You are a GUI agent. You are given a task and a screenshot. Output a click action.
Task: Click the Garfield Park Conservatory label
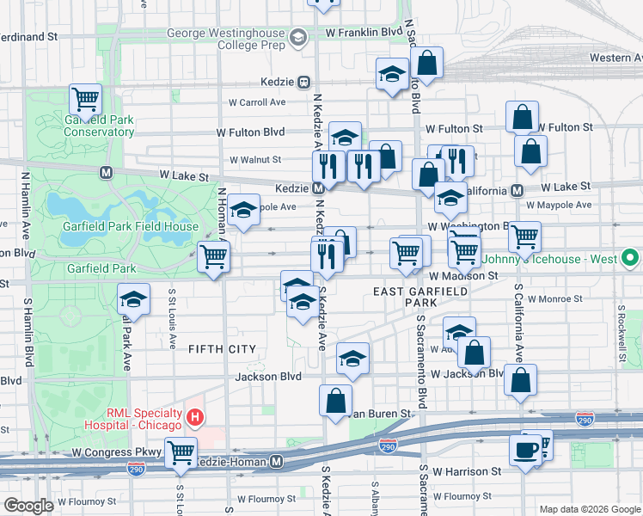(x=99, y=126)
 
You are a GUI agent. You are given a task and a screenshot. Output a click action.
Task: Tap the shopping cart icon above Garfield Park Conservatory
(x=85, y=100)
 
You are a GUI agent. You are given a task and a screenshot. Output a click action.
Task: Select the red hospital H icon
(x=195, y=419)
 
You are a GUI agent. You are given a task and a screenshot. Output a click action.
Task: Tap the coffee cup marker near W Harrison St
(x=525, y=450)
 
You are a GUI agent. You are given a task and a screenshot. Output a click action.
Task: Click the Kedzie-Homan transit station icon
(x=277, y=462)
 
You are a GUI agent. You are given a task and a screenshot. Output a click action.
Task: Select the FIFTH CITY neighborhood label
(x=222, y=348)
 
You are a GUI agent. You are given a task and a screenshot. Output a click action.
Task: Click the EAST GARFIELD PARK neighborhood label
(x=420, y=298)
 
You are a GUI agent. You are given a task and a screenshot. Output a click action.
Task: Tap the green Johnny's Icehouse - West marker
(x=630, y=257)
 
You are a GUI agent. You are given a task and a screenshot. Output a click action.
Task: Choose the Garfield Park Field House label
(x=131, y=227)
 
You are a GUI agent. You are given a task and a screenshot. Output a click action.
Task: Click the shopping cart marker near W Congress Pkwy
(x=181, y=452)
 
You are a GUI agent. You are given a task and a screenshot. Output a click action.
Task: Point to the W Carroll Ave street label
(x=256, y=101)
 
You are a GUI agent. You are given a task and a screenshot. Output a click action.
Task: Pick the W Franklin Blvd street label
(x=364, y=32)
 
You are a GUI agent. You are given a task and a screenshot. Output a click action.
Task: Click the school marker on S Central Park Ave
(x=133, y=300)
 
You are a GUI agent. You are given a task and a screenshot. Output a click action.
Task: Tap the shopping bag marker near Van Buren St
(x=335, y=400)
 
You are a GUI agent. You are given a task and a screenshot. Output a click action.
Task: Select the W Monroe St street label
(x=554, y=298)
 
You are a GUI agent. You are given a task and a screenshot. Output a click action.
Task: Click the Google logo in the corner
(x=28, y=506)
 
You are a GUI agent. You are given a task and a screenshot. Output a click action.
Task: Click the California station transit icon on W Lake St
(x=517, y=190)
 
